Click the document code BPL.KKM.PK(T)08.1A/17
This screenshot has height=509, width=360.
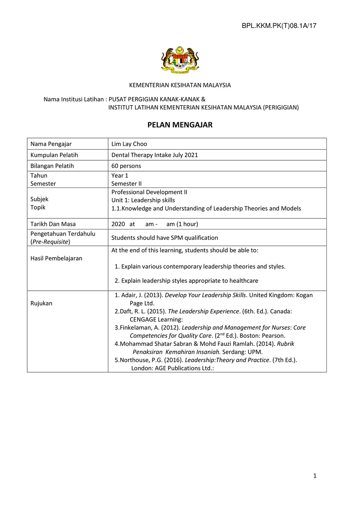pos(279,26)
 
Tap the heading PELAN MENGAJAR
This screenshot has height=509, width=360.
pos(180,125)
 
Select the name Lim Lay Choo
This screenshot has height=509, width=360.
pos(129,144)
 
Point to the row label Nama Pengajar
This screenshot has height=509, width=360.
pos(51,144)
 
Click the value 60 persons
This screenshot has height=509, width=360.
pos(126,166)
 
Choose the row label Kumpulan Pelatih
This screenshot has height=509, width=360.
pos(54,155)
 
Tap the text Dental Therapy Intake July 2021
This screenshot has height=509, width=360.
pos(154,155)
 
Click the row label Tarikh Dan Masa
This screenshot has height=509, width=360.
pos(53,224)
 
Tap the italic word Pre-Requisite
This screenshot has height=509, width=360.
pos(50,242)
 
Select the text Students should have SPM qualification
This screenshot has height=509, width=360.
pos(164,238)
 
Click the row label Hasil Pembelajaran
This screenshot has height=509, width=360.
pos(56,258)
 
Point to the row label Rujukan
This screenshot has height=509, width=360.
pos(41,303)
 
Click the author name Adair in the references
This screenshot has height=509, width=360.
pos(129,295)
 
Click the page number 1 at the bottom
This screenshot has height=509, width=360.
pos(315,476)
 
